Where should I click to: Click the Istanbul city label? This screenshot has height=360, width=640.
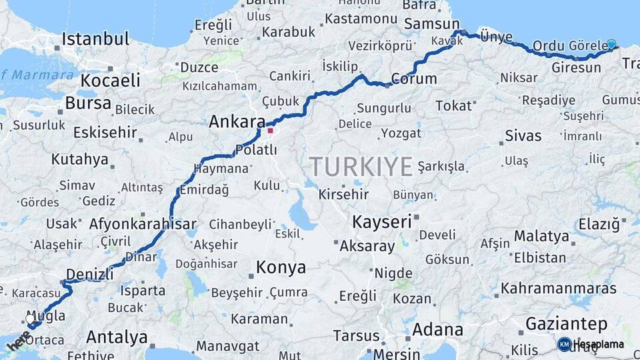click(x=95, y=39)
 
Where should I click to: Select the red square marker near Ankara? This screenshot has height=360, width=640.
click(x=271, y=131)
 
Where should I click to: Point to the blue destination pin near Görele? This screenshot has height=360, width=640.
click(x=611, y=45)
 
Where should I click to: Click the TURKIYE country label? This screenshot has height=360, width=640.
click(x=360, y=167)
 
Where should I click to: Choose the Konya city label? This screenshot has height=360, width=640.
click(x=281, y=268)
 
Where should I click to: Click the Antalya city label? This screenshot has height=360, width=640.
click(x=117, y=337)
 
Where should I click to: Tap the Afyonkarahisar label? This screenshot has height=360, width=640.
click(x=143, y=224)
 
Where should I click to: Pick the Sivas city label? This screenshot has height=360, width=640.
click(x=523, y=136)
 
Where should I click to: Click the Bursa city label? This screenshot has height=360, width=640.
click(x=88, y=104)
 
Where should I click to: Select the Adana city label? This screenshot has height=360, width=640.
click(x=437, y=329)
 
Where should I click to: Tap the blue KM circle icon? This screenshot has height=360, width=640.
click(x=565, y=344)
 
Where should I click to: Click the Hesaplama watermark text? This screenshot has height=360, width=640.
click(x=599, y=344)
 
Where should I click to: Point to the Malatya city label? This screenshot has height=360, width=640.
click(x=541, y=237)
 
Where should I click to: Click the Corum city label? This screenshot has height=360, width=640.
click(x=413, y=79)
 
